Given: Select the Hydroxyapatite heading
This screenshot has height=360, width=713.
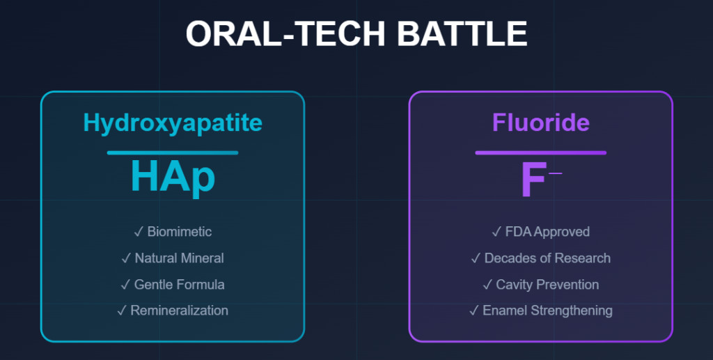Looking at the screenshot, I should point(173,123).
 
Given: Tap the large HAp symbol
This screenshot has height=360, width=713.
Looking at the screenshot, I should point(173,178).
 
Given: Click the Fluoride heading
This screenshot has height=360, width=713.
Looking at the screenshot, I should point(540,123).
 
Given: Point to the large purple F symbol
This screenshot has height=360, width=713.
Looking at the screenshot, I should point(533,180).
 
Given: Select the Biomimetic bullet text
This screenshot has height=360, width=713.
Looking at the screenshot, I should point(180,232).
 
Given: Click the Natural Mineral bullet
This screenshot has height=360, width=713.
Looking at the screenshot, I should point(180,258).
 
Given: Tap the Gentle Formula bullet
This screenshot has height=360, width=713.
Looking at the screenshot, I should point(180,285).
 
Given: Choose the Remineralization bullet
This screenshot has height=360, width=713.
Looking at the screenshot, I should point(180,311).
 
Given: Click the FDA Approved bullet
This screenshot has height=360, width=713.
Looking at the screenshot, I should point(548,232).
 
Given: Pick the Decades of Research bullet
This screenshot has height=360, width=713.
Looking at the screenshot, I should point(547,258).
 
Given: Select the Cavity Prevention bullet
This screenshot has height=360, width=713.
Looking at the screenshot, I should point(547,285).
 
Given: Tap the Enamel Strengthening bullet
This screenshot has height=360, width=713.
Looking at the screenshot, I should point(547,311).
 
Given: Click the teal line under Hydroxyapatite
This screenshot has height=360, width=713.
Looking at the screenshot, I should point(173,152).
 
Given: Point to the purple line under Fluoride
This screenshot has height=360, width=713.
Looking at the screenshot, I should point(540,152).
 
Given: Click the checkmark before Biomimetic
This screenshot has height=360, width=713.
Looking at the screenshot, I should point(138,232).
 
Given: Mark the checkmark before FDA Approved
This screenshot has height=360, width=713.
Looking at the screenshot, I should point(496,232).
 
